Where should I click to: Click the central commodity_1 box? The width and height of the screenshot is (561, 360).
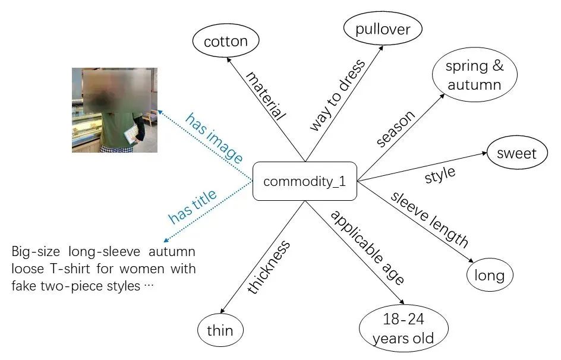[x=304, y=181]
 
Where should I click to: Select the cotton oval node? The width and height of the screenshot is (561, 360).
[x=225, y=42]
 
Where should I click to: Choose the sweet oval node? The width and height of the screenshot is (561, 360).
[x=516, y=154]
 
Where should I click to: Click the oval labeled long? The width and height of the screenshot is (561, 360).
[x=489, y=275]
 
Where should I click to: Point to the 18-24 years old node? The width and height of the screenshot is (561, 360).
[x=403, y=329]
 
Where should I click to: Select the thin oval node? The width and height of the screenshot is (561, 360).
[x=220, y=330]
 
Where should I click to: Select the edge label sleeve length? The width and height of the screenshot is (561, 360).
[x=429, y=219]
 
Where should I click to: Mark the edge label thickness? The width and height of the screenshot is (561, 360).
[x=269, y=267]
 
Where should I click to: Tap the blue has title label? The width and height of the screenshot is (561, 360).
[x=193, y=207]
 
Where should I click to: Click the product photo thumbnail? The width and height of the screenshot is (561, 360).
[x=115, y=110]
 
